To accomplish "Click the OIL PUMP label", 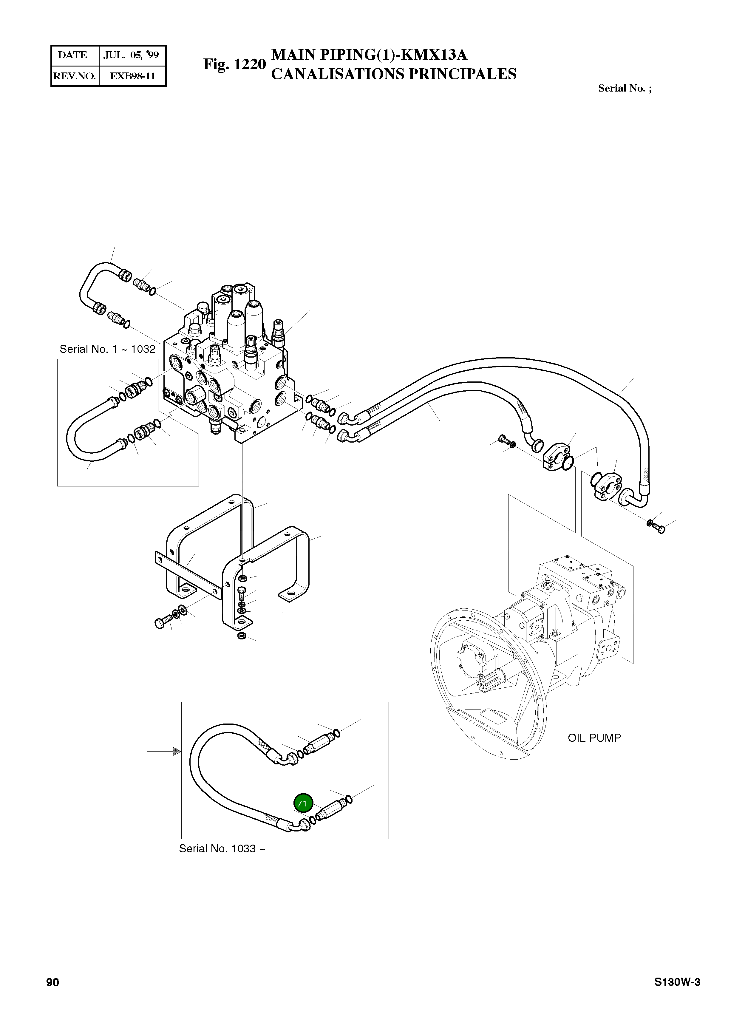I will [x=594, y=738].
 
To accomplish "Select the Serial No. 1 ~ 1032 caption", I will [x=108, y=349].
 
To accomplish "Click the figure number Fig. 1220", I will [x=234, y=64].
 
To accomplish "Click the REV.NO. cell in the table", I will [x=74, y=76].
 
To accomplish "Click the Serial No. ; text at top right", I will [x=624, y=88].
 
